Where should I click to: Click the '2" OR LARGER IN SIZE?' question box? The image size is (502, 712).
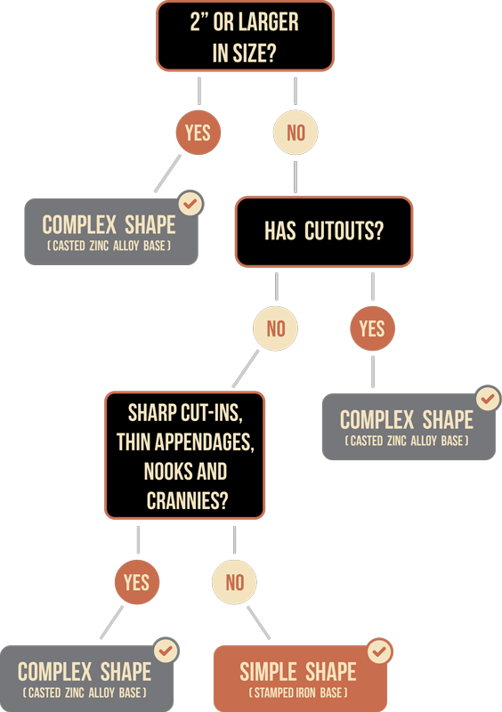point(246,36)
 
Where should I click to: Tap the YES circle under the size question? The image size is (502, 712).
point(198,133)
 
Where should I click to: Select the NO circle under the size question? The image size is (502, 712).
point(296,133)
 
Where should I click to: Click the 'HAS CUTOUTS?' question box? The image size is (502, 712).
point(324,231)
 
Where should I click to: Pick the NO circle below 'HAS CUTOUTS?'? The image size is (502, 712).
point(275,328)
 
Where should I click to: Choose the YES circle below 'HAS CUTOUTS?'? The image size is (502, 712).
point(373,328)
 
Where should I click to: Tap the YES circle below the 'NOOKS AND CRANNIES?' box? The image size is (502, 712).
point(137,582)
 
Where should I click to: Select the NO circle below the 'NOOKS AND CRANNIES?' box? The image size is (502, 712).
point(234,582)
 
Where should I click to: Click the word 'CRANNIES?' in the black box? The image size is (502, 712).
point(187,501)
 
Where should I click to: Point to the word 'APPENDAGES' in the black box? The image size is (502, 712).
point(204,442)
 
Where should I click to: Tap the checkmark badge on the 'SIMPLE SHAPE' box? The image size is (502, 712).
point(379,651)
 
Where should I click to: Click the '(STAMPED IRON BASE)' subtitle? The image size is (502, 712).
point(298,692)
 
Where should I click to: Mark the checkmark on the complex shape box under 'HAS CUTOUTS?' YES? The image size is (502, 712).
point(488,399)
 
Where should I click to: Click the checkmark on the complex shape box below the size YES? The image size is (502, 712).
point(190,204)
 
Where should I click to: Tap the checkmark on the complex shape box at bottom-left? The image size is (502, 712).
point(166,651)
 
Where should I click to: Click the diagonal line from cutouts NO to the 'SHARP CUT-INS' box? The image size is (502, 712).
point(246,368)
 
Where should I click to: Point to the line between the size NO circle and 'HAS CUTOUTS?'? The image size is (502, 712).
point(296,176)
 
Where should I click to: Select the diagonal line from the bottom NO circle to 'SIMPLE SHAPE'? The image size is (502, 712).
point(259,622)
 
